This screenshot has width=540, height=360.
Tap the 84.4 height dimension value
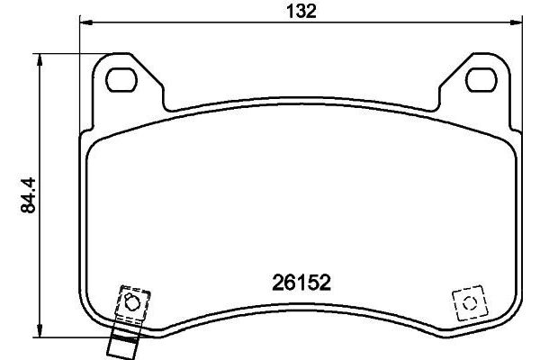(x=27, y=195)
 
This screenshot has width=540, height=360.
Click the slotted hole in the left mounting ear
(x=120, y=80)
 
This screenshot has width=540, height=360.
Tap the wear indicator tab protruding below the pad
(x=121, y=341)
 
